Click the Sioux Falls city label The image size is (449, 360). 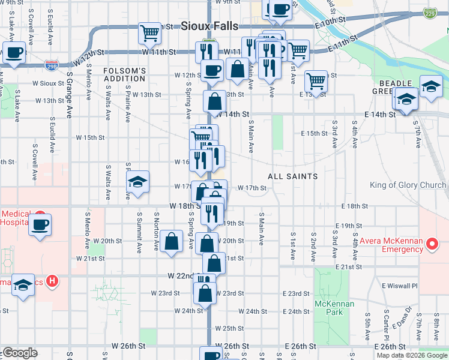(x=209, y=26)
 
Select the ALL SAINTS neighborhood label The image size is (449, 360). (x=292, y=176)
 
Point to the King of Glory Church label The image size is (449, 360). (x=408, y=185)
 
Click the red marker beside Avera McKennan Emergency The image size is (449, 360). (x=431, y=244)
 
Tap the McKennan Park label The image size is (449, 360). (x=335, y=308)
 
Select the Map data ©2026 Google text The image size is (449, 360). (x=412, y=355)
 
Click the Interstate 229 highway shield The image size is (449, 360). (x=429, y=12)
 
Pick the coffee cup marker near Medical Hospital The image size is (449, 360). (x=40, y=226)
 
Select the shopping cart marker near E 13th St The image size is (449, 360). (x=316, y=80)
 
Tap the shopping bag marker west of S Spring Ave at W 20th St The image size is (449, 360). (x=172, y=242)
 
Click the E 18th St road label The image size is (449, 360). (x=354, y=206)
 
